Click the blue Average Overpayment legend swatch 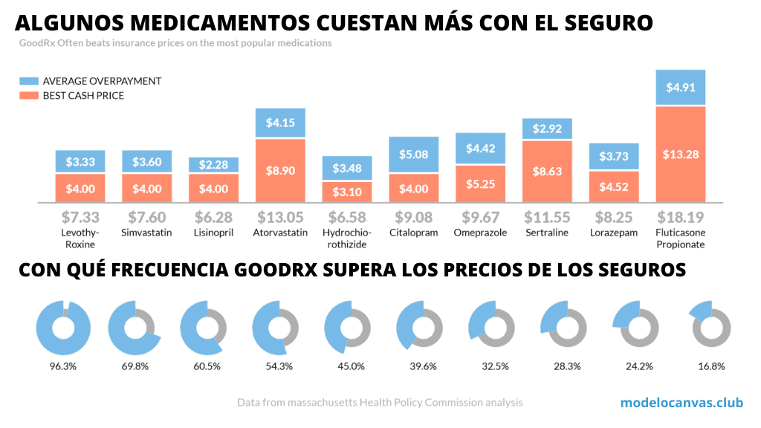30,81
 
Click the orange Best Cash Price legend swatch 30,95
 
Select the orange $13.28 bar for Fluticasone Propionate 680,154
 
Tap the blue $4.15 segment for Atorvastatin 280,123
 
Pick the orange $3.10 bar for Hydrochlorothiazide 347,192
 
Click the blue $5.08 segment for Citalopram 413,155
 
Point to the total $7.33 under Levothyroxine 80,218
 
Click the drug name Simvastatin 146,233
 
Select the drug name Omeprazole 480,233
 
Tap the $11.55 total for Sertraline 546,218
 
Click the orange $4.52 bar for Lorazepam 613,187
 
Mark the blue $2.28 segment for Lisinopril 213,164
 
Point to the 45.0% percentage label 351,366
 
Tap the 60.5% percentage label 207,366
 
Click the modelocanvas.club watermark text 681,403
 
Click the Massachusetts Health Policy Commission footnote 380,403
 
